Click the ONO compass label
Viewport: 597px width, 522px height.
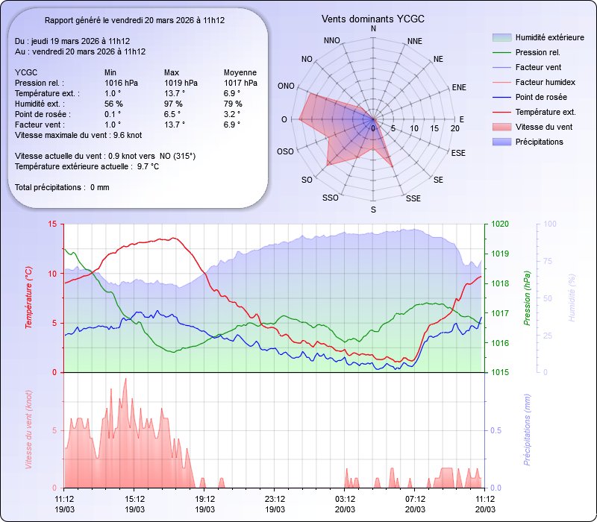pos(285,87)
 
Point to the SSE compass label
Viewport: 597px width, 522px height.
pos(413,198)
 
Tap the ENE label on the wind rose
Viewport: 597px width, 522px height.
pos(459,87)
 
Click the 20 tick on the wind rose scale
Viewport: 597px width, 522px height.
pos(455,129)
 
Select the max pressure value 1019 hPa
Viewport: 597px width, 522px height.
pos(181,83)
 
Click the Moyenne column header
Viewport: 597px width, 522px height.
pos(240,72)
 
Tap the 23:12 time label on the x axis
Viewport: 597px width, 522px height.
pos(275,498)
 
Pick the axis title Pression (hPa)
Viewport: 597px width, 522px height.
pos(527,298)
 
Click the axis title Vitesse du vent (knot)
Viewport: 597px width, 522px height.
pos(28,430)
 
